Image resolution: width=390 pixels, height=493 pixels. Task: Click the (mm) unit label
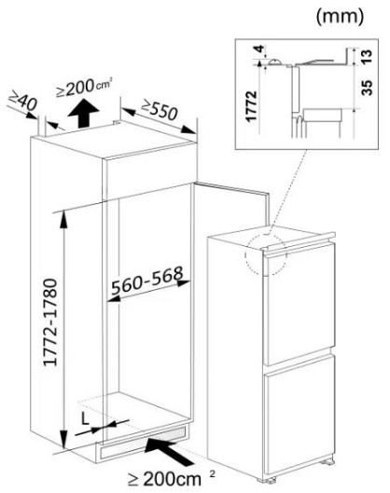coord(340,17)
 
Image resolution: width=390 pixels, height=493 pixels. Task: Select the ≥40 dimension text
coord(23,100)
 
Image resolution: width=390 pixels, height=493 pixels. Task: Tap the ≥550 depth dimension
coord(160,109)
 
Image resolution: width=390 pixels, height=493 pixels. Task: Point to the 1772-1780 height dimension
coord(50,322)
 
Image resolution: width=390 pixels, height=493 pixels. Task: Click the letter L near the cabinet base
coord(85,418)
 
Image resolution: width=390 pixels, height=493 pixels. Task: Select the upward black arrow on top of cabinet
coord(83,113)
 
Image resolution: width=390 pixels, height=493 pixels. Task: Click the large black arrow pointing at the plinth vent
coord(169,452)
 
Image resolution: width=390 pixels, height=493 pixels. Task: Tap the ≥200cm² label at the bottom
coord(172,479)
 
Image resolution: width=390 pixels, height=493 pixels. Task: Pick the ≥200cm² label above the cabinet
coord(84,88)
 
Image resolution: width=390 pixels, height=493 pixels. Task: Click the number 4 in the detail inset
coord(259,49)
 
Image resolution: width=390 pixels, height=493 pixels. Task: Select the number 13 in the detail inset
coord(367,56)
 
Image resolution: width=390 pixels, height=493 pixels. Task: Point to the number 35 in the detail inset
coord(367,88)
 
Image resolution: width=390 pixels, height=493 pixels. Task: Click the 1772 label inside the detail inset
coord(252,106)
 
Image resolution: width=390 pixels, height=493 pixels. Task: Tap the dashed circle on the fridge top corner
coord(266,254)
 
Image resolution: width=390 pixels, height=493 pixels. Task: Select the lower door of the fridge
coord(299,415)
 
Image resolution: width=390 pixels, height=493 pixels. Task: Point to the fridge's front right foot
coord(327,462)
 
